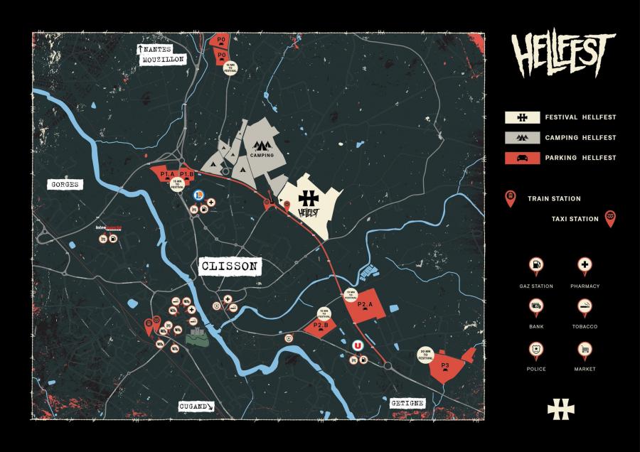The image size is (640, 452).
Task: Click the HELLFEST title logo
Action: point(561,55)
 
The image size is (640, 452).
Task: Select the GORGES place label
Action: point(63,184)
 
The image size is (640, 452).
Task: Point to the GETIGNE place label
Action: point(407,403)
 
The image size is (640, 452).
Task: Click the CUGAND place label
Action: point(196,407)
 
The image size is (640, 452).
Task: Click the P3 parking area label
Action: point(445,366)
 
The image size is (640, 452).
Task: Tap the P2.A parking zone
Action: point(366,306)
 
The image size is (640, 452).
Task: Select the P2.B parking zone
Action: point(321,327)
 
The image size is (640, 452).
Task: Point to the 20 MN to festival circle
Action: point(426,355)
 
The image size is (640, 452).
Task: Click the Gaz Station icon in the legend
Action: point(535,267)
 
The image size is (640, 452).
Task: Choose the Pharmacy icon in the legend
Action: point(585,267)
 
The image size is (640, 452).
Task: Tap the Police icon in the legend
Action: point(535,350)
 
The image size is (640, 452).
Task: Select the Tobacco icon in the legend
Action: point(585,308)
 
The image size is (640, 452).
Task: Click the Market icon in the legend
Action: point(585,350)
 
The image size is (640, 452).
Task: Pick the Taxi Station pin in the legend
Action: point(609,218)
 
